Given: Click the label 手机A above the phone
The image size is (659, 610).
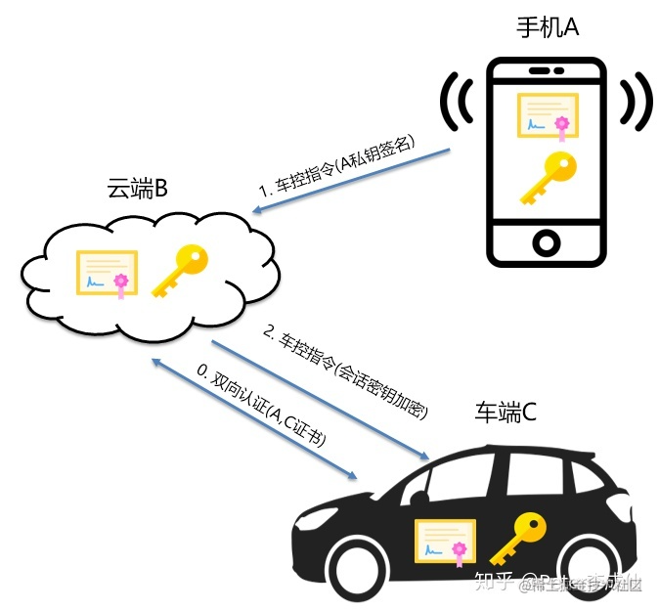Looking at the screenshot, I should coord(548,27).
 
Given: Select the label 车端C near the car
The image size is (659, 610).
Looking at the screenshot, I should coord(505,413).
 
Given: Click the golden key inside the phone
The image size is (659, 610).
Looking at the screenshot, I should coord(546,179).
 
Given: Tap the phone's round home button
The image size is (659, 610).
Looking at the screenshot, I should coord(546,240).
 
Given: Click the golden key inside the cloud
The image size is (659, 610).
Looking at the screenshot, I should coord(180,271).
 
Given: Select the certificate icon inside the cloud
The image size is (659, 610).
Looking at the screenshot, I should coord(109,274).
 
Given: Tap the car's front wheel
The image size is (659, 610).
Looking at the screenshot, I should coord(343,570).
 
